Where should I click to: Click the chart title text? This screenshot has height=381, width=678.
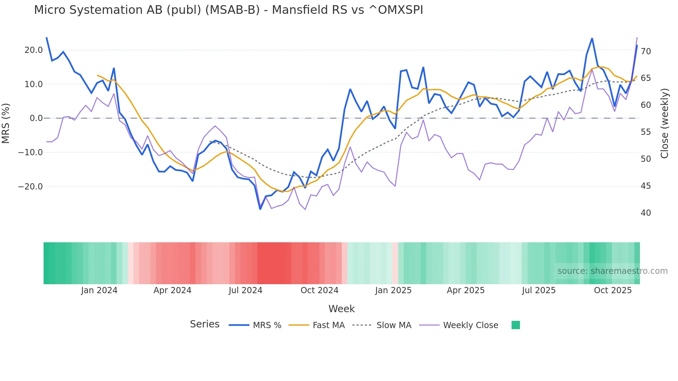click(x=228, y=10)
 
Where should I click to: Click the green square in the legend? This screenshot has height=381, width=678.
click(x=515, y=325)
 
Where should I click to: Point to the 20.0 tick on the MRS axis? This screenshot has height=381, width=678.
click(x=34, y=50)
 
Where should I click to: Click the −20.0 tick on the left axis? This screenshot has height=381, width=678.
click(x=30, y=187)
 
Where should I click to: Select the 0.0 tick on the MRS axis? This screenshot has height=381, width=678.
click(x=36, y=118)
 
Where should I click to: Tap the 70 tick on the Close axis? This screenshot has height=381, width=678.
click(x=645, y=52)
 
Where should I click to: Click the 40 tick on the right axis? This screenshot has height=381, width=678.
click(x=645, y=213)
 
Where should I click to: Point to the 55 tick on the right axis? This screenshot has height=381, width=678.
click(x=645, y=132)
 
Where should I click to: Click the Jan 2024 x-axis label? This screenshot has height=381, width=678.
click(x=99, y=290)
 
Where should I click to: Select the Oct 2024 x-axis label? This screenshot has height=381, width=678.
click(x=319, y=290)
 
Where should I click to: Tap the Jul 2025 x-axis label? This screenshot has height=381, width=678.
click(x=539, y=290)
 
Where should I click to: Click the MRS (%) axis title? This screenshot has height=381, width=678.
click(x=6, y=123)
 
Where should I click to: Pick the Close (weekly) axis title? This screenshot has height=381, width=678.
click(x=665, y=123)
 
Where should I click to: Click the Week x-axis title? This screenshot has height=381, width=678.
click(x=341, y=309)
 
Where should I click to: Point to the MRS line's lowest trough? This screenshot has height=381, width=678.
click(x=260, y=209)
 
